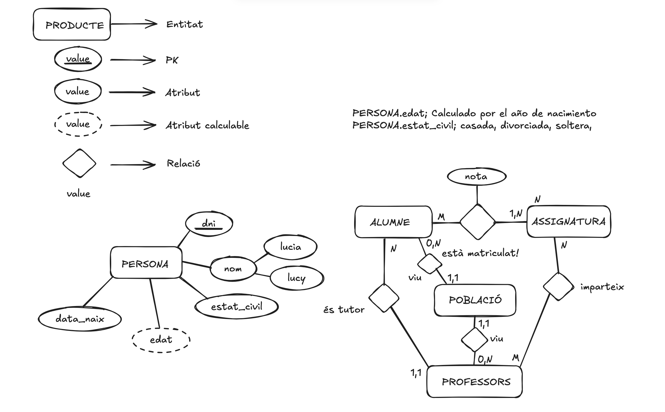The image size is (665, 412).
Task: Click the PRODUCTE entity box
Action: [x=72, y=25]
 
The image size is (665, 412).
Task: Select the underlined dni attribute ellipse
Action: [x=209, y=224]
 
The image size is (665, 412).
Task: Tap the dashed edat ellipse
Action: [x=161, y=340]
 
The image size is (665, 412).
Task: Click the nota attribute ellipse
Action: [x=476, y=177]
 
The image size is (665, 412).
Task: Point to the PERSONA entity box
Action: [x=146, y=263]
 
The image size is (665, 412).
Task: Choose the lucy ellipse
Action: [x=297, y=278]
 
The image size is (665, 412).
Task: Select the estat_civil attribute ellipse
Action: [x=236, y=307]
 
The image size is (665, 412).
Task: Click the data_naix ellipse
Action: [x=80, y=319]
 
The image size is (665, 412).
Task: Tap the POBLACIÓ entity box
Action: [x=475, y=300]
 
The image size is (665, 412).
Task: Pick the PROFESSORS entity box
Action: [x=475, y=382]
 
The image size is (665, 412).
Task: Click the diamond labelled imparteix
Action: [x=558, y=287]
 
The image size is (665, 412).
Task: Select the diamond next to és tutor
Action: [x=384, y=298]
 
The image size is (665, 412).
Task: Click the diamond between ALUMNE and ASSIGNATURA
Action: [x=478, y=222]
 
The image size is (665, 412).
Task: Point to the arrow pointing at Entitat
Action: [x=134, y=24]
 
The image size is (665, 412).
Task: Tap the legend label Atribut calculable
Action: [x=207, y=125]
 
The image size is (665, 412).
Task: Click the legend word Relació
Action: [x=183, y=164]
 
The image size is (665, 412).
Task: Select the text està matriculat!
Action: [x=480, y=253]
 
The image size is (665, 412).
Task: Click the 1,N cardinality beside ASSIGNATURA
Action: [x=516, y=214]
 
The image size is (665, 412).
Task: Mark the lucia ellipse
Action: [x=290, y=247]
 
